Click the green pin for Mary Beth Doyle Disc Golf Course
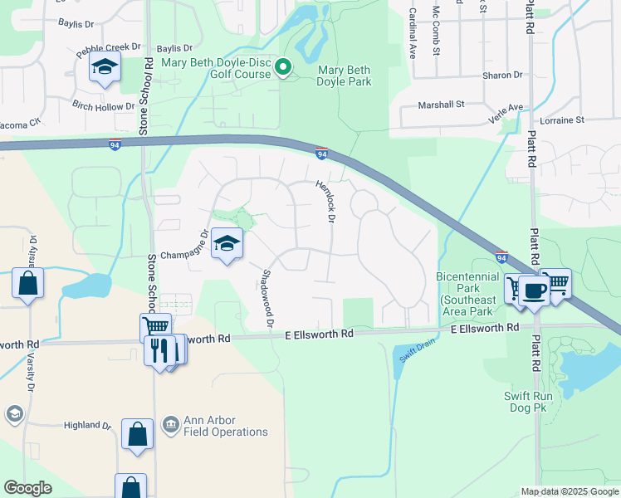[x=283, y=67]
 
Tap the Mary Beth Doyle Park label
[x=344, y=75]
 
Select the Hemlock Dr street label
[x=324, y=203]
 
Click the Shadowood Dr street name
[x=267, y=297]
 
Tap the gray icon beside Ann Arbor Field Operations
[x=171, y=425]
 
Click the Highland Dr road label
[x=87, y=425]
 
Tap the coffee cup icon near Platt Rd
[x=535, y=290]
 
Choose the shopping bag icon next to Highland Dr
[x=137, y=433]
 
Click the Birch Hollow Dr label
[x=104, y=106]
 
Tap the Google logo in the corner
[x=27, y=488]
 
